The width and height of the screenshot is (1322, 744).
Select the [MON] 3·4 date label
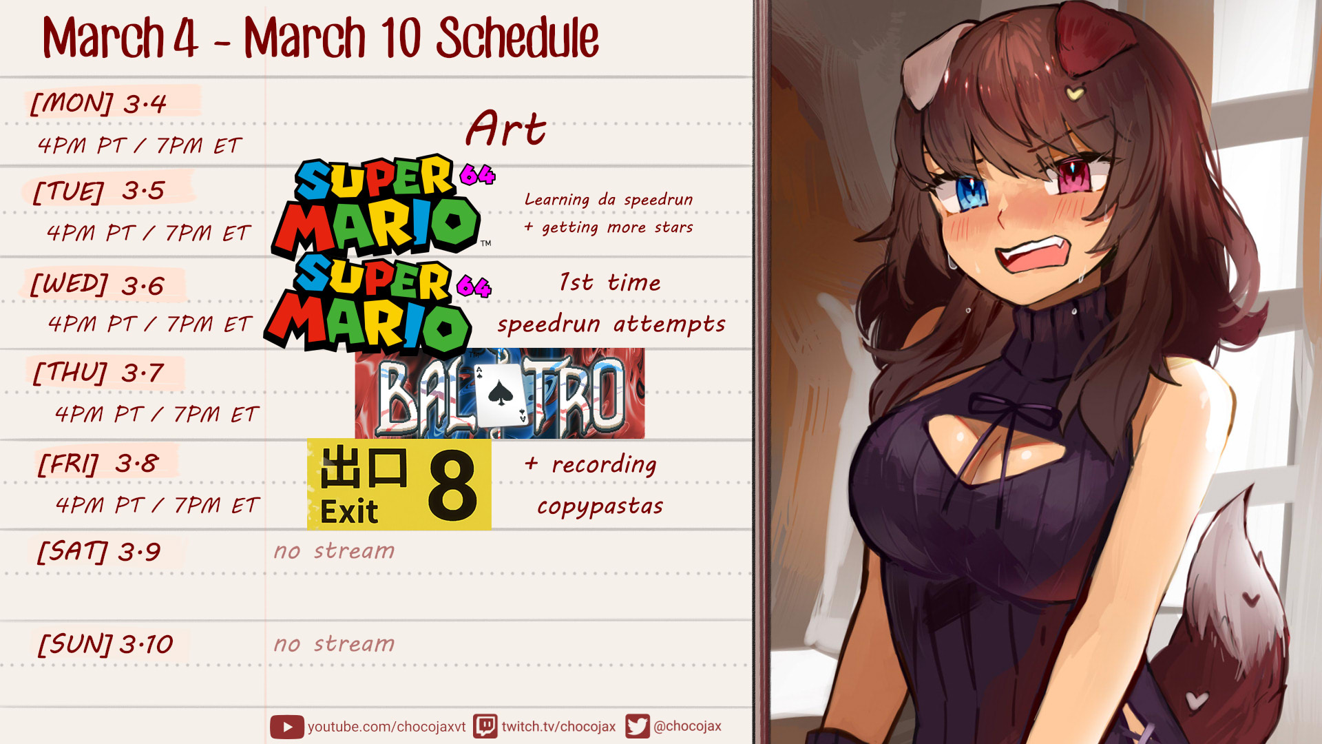[98, 103]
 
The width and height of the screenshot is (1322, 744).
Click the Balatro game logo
[500, 393]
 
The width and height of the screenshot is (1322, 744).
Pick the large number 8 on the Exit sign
[452, 485]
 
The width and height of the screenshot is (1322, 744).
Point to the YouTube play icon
[286, 727]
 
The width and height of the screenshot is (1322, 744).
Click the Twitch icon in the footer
[485, 726]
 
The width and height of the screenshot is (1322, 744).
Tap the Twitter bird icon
[637, 726]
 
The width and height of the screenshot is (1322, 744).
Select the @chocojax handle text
[687, 726]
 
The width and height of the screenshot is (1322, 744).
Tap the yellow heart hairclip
[1074, 92]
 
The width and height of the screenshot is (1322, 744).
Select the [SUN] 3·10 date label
[105, 645]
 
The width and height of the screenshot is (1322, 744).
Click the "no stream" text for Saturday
[334, 551]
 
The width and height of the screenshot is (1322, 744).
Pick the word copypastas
[600, 506]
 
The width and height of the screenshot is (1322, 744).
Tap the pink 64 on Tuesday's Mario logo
[477, 175]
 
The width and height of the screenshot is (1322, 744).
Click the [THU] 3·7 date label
[98, 373]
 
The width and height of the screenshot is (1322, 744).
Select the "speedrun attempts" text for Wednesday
[611, 324]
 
